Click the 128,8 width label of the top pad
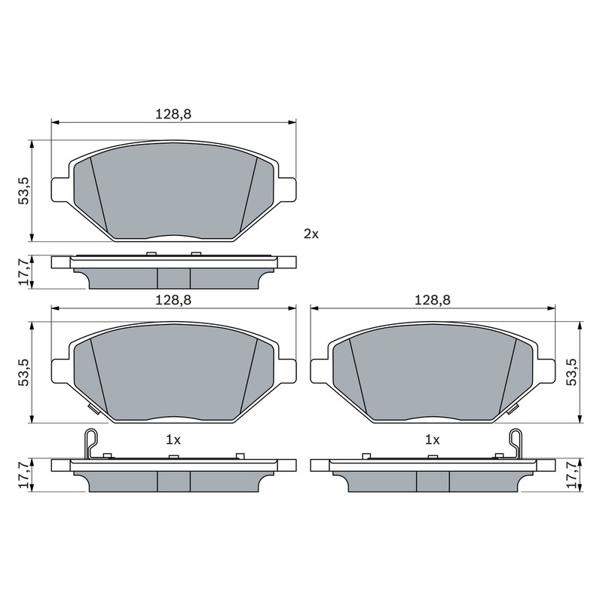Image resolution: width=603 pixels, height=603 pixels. pos(173,115)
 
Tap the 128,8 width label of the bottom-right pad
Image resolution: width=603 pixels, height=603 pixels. pos(432,300)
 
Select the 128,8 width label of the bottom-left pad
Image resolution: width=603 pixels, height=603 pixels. pos(173,300)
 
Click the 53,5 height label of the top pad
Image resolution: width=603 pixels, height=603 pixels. pos(24,191)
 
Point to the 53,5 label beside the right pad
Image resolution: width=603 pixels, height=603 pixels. pos(572,372)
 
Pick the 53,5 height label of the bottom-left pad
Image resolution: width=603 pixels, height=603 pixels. pos(24,372)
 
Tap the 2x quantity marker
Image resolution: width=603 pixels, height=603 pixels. pos(311,234)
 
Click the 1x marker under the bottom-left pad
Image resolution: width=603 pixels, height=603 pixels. pos(173,440)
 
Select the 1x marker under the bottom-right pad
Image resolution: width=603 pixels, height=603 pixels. pos(432,440)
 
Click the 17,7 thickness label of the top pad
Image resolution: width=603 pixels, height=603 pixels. pos(24,271)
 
